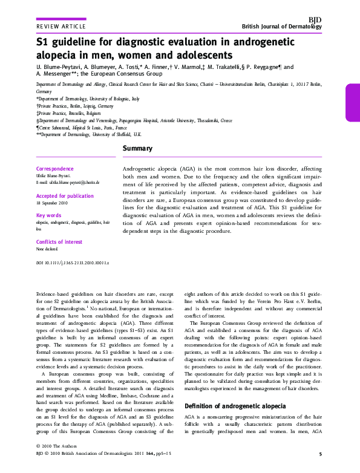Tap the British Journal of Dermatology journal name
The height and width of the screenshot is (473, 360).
[x=281, y=27]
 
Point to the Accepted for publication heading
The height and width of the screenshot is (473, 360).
[x=65, y=196]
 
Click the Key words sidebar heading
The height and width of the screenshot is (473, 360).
[x=49, y=215]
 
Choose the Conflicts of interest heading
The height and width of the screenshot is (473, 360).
[x=59, y=242]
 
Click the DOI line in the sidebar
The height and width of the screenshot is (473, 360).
[x=73, y=264]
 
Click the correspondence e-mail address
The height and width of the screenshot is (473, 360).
[x=68, y=182]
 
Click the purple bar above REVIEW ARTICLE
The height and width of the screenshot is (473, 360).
[x=61, y=19]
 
